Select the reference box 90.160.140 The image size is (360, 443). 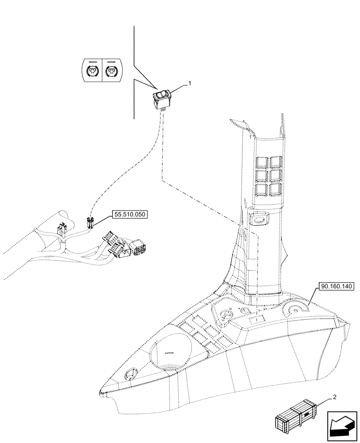click(x=335, y=287)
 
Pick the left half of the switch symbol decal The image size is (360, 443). click(x=92, y=70)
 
